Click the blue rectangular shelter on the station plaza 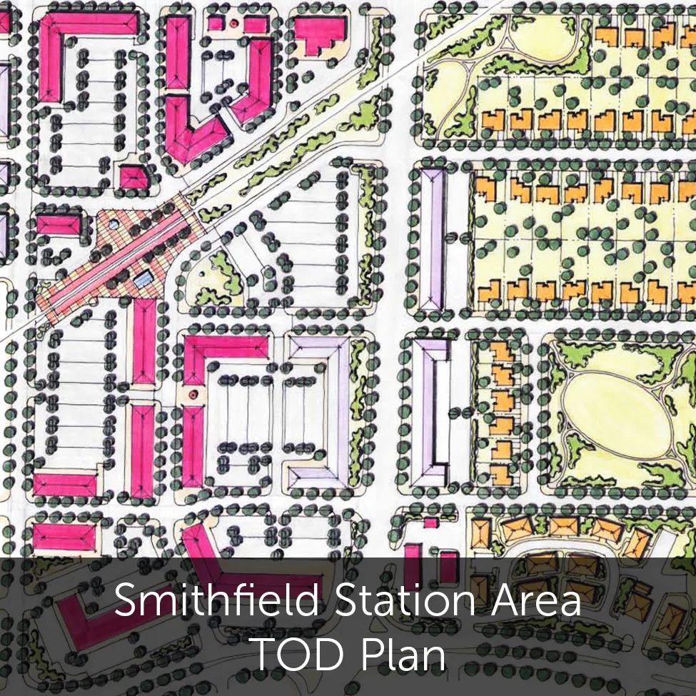143,279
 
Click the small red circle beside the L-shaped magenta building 191,394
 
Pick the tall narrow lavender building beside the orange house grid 432,239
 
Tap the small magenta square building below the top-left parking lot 133,176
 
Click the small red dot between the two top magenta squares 233,24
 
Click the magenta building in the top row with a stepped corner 319,34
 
